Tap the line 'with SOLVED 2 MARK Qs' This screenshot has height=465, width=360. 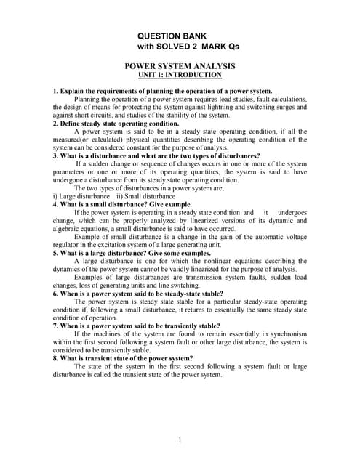click(x=188, y=46)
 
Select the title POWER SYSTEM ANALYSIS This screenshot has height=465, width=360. click(x=180, y=65)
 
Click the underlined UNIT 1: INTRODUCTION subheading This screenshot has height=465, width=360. click(x=180, y=74)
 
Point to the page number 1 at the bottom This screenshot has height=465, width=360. click(x=180, y=439)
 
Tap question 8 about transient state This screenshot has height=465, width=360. click(x=123, y=358)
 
